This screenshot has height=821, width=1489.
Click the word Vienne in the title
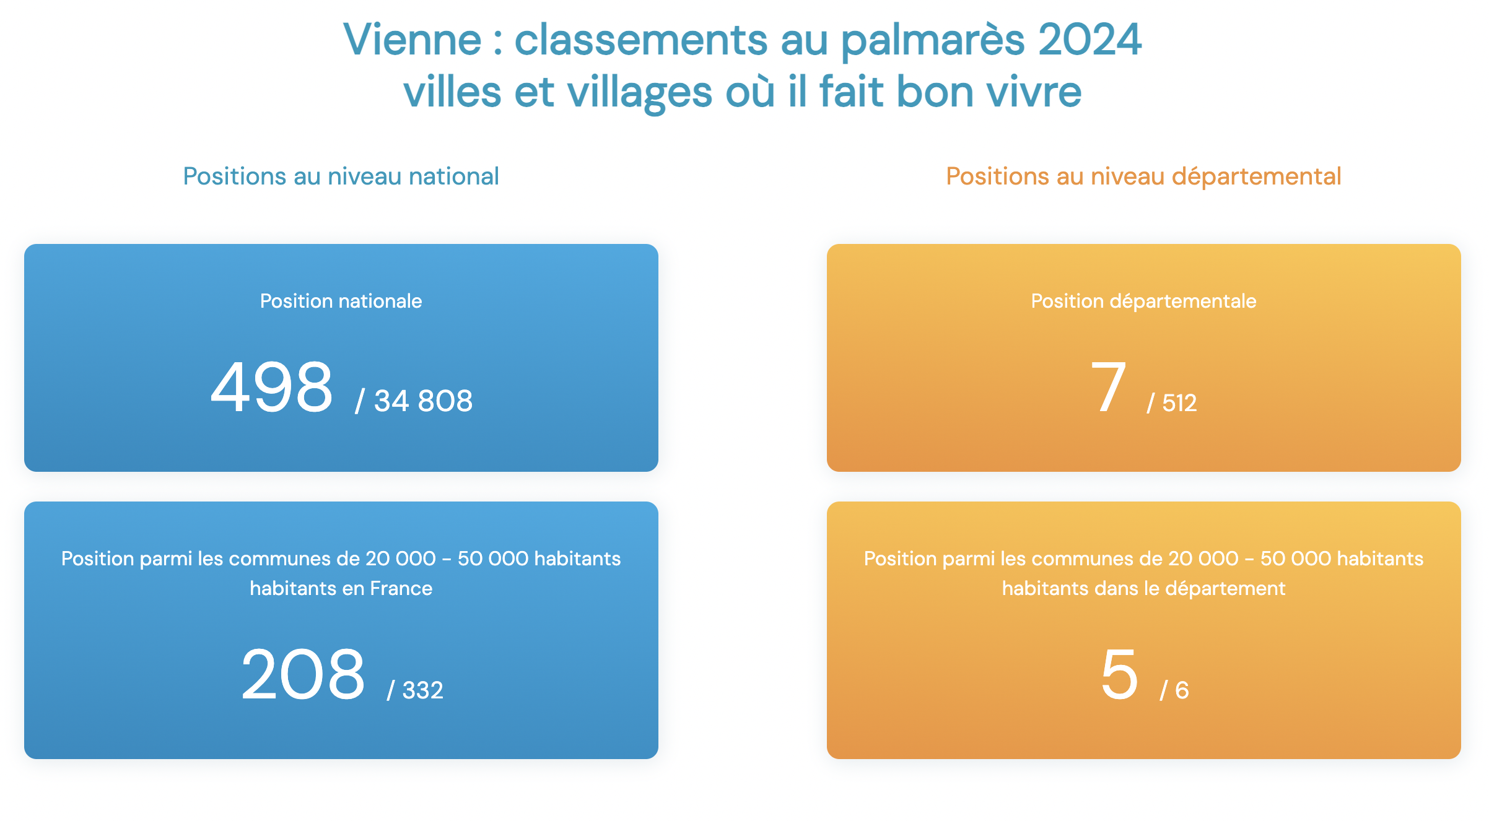pos(413,40)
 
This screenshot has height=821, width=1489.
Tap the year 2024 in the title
pos(1089,40)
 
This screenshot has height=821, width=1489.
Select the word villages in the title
pos(640,92)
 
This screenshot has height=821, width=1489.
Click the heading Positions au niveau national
pos(341,176)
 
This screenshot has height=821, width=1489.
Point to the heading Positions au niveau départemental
pos(1143,176)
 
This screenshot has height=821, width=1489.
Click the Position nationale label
pos(341,301)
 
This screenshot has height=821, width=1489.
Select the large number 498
pos(272,388)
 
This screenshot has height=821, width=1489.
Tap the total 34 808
pos(424,401)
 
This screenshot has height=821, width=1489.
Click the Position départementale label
pos(1143,301)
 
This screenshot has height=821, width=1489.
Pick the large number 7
pos(1109,388)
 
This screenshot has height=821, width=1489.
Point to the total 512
pos(1179,403)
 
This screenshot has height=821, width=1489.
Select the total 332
pos(423,690)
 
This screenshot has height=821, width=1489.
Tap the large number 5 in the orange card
pos(1119,674)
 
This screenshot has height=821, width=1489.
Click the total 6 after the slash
pos(1182,690)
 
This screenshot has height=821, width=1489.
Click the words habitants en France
pos(341,588)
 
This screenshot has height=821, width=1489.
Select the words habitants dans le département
pos(1143,588)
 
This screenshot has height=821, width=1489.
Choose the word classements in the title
pos(640,40)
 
